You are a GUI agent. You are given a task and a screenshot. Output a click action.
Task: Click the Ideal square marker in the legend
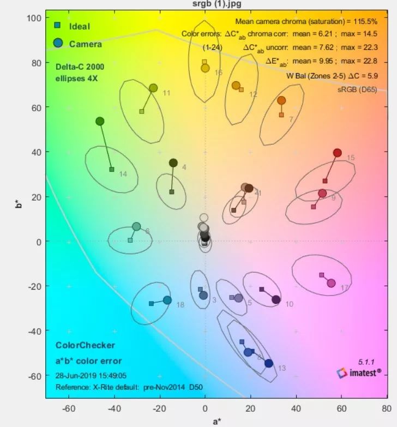(x=57, y=25)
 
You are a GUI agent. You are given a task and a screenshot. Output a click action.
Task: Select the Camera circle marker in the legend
(x=58, y=43)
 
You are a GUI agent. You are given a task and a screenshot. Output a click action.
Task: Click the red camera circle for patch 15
(x=337, y=153)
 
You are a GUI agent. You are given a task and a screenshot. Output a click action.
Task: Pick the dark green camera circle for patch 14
(x=100, y=121)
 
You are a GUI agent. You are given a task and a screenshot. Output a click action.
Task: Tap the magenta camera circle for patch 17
(x=331, y=282)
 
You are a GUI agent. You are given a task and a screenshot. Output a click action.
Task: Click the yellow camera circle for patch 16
(x=205, y=68)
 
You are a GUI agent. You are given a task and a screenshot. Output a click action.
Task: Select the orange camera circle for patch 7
(x=281, y=100)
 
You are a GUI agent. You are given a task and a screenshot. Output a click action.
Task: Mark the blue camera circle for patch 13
(x=268, y=363)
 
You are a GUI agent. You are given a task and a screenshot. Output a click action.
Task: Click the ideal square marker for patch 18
(x=151, y=304)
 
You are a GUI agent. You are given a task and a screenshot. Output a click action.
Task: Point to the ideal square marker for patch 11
(x=141, y=111)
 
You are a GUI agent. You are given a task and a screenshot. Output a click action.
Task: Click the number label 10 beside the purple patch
(x=289, y=304)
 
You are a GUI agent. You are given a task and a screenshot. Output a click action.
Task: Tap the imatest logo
(x=359, y=373)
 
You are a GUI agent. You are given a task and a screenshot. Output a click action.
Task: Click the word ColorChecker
(x=85, y=345)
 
